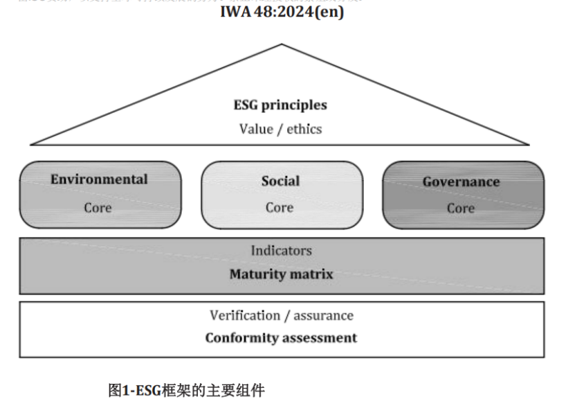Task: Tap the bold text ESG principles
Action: tap(280, 105)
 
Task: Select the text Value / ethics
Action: tap(280, 129)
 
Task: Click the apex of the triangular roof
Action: tap(281, 45)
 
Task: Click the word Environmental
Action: tap(99, 179)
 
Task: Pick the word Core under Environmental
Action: tap(98, 207)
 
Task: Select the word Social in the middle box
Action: tap(280, 181)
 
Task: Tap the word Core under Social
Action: tap(280, 207)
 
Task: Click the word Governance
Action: tap(461, 182)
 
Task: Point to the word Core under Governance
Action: tap(461, 208)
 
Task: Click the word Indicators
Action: tap(281, 251)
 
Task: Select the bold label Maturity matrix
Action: tap(281, 274)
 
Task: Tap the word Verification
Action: tap(245, 315)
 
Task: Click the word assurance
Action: tap(323, 315)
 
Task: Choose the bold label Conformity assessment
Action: tap(281, 338)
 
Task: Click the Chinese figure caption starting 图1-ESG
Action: tap(186, 390)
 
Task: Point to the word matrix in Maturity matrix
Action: tap(310, 274)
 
